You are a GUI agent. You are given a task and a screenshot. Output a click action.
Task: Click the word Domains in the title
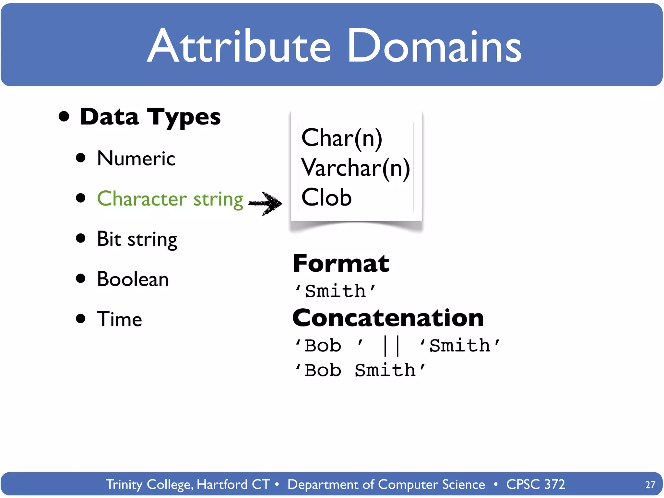pyautogui.click(x=434, y=46)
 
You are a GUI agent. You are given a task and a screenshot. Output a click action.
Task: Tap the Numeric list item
pyautogui.click(x=136, y=159)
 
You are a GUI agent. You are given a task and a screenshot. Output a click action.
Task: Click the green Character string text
pyautogui.click(x=170, y=199)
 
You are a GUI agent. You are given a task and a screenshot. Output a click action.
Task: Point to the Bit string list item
pyautogui.click(x=137, y=239)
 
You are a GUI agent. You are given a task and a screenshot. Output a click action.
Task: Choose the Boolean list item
pyautogui.click(x=133, y=279)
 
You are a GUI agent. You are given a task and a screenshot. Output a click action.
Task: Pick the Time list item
pyautogui.click(x=120, y=319)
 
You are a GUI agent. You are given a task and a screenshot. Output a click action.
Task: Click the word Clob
pyautogui.click(x=326, y=197)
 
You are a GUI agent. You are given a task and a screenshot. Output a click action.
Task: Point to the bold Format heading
pyautogui.click(x=341, y=264)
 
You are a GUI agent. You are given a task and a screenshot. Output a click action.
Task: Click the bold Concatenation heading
pyautogui.click(x=388, y=318)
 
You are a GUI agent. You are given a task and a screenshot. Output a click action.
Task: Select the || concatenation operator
pyautogui.click(x=392, y=346)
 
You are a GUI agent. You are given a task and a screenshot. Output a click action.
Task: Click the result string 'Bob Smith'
pyautogui.click(x=360, y=370)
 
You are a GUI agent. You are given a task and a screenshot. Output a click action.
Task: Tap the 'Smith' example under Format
pyautogui.click(x=336, y=291)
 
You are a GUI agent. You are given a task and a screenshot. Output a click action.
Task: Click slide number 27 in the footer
pyautogui.click(x=650, y=485)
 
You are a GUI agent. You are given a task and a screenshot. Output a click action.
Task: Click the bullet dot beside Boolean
pyautogui.click(x=80, y=279)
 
